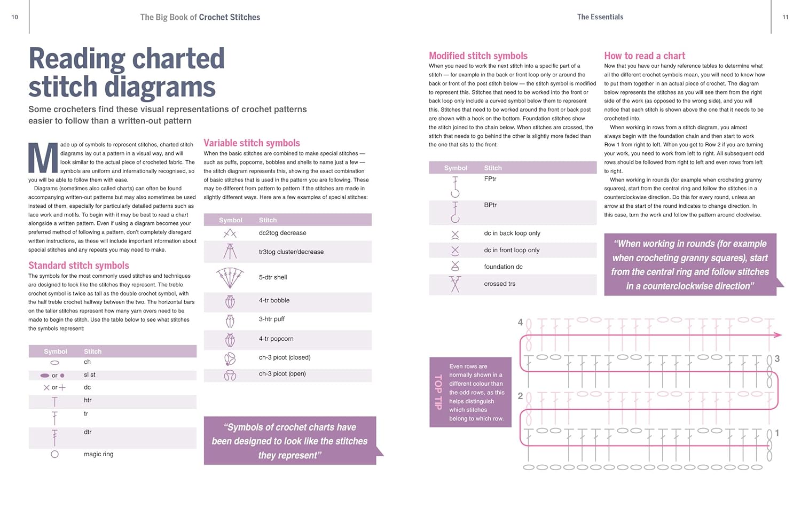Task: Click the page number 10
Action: click(x=14, y=17)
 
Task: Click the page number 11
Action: click(x=786, y=17)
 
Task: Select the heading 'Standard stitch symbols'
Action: click(x=78, y=266)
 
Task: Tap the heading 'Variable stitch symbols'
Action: click(x=252, y=143)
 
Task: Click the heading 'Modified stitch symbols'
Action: click(x=478, y=56)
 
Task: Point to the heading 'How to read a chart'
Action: click(x=645, y=56)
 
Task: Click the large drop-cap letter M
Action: click(x=43, y=158)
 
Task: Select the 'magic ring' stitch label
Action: click(x=98, y=454)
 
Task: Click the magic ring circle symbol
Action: click(x=54, y=455)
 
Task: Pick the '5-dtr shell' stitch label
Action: click(x=273, y=277)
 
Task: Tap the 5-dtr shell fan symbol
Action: click(x=230, y=278)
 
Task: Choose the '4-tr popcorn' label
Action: click(x=276, y=339)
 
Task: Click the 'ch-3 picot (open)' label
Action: click(x=282, y=374)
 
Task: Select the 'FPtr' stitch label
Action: click(x=490, y=179)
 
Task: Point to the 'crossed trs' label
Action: click(x=499, y=284)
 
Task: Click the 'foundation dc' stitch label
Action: click(x=503, y=267)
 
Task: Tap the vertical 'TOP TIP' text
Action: click(x=438, y=392)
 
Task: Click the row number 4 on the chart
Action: click(x=520, y=322)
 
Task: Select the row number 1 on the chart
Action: click(x=777, y=433)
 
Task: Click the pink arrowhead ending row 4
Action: click(x=778, y=335)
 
